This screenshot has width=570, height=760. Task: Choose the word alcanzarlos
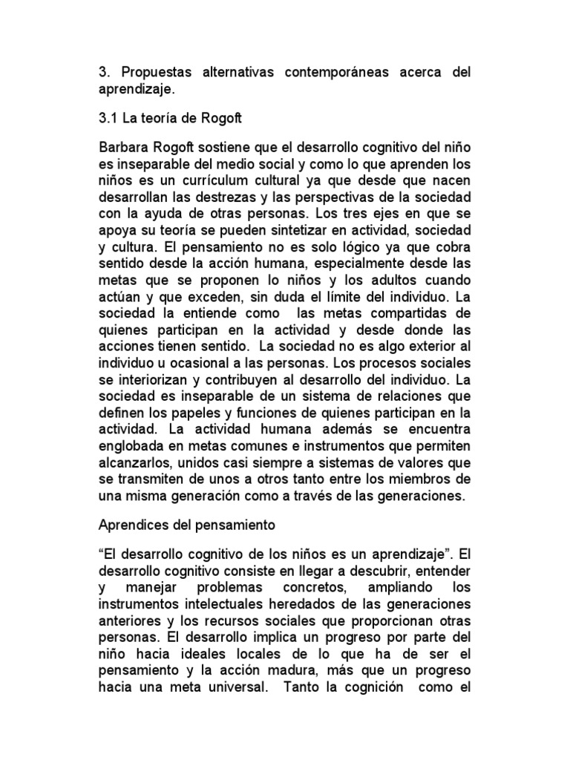tap(135, 462)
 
